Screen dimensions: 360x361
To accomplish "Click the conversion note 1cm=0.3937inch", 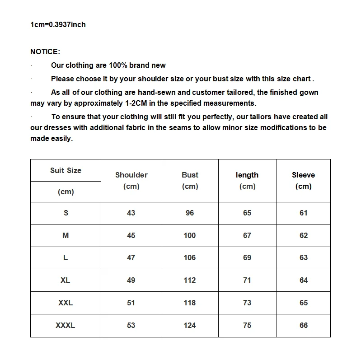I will pos(58,24).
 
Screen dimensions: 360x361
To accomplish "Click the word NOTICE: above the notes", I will pos(45,52).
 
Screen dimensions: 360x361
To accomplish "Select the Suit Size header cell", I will pos(66,170).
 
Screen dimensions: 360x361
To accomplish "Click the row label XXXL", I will pos(66,325).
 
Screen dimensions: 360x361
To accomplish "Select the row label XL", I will pos(66,280).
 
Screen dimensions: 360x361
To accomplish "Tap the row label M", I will pos(66,235).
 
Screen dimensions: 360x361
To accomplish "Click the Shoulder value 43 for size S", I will pos(131,213).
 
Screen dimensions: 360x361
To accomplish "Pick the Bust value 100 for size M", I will pos(190,235).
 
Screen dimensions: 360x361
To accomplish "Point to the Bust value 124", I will pos(190,325).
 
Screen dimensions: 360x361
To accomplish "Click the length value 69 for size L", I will pos(247,257).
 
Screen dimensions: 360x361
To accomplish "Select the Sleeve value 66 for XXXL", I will pos(304,325).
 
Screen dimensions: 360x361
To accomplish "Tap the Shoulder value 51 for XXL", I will pos(131,303).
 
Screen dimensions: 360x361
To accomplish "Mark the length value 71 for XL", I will pos(247,280).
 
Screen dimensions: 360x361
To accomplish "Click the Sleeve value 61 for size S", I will pos(304,213).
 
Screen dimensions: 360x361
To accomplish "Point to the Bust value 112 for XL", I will pos(190,280).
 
